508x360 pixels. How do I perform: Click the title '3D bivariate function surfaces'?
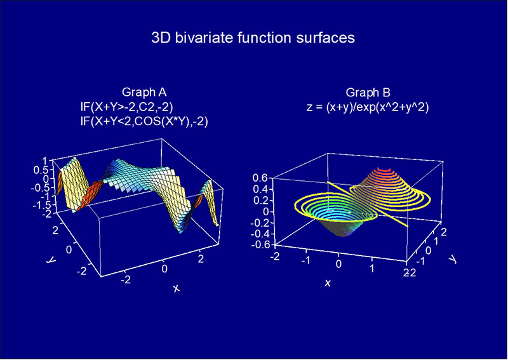click(253, 38)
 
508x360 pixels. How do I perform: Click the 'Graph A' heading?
click(144, 92)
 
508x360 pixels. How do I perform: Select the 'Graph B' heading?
click(368, 93)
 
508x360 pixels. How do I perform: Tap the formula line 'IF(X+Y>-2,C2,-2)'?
click(126, 107)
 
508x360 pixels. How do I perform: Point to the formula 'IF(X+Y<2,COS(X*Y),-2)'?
click(144, 122)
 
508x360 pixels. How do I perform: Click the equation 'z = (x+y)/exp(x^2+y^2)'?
click(368, 107)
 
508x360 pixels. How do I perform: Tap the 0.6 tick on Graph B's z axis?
click(261, 177)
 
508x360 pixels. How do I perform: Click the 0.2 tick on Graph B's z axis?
click(261, 200)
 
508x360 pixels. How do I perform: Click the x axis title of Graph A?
click(176, 288)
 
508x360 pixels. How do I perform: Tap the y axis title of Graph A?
click(51, 260)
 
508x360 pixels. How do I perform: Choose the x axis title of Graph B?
click(328, 284)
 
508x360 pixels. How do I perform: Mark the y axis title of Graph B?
click(452, 258)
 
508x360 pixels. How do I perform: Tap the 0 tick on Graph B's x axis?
click(338, 264)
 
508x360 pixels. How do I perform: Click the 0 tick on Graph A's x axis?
click(164, 269)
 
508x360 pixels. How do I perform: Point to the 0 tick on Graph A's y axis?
click(69, 250)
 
